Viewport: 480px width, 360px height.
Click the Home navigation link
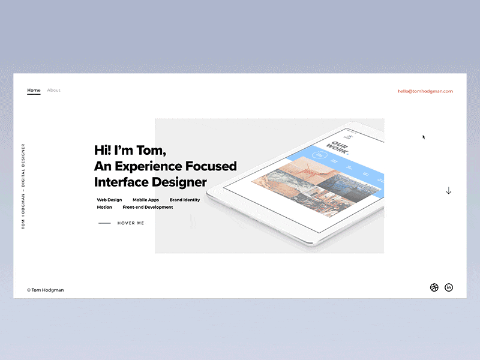click(x=34, y=90)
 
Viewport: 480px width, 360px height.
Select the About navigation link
click(x=53, y=90)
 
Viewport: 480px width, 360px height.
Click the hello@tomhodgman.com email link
click(x=425, y=91)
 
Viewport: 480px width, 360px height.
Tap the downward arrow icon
click(x=448, y=191)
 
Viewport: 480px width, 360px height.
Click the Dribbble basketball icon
click(x=434, y=287)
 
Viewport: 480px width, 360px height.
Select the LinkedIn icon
click(x=449, y=287)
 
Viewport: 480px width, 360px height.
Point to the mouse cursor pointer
click(x=424, y=137)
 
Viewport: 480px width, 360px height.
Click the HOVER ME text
click(x=131, y=223)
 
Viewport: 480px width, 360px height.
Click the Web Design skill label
click(x=109, y=200)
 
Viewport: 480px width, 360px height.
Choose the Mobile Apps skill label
click(x=146, y=200)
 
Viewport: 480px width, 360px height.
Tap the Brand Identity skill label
click(x=185, y=200)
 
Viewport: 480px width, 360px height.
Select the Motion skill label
click(x=104, y=207)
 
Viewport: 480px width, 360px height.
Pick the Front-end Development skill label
click(x=148, y=207)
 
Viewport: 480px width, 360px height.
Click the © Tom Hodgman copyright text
click(x=45, y=290)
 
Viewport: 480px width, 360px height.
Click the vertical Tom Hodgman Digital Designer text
click(x=23, y=186)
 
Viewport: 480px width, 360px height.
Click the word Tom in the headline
click(x=152, y=150)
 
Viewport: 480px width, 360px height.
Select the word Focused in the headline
click(x=210, y=166)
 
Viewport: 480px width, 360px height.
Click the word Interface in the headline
click(x=123, y=182)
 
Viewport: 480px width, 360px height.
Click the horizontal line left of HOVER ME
click(x=104, y=223)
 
